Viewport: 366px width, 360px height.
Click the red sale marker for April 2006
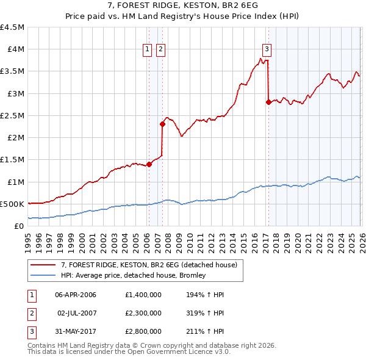coord(149,164)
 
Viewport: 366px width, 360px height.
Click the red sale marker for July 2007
coord(162,124)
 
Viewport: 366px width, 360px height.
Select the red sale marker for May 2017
coord(268,102)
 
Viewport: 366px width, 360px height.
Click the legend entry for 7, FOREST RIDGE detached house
coord(152,264)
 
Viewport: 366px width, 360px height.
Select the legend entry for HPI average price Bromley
coord(134,275)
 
